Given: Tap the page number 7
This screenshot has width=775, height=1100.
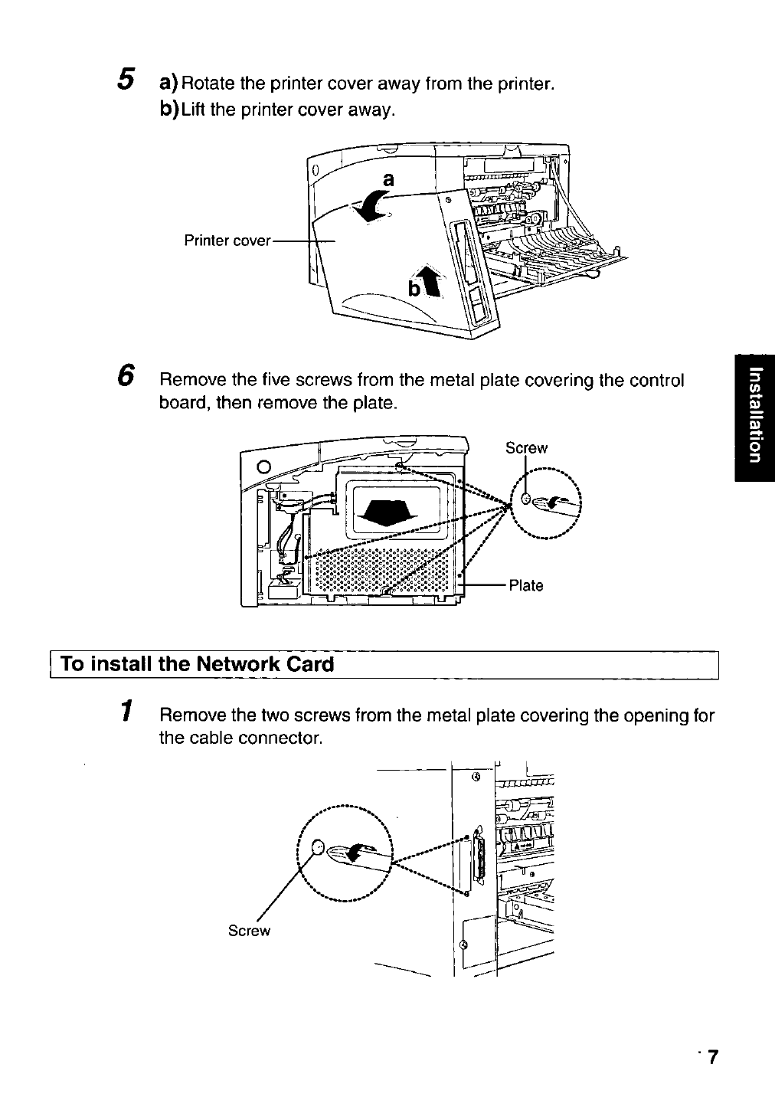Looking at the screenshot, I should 713,1057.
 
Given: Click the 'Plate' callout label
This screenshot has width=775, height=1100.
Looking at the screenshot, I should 526,586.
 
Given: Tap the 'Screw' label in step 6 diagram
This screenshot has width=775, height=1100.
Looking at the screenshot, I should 527,448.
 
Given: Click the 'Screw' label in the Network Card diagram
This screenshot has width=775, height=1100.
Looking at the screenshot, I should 250,931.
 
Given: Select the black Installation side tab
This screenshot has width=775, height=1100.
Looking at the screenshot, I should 754,417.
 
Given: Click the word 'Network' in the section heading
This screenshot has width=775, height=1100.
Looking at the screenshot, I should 230,663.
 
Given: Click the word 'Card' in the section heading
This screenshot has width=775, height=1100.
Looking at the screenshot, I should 310,663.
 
